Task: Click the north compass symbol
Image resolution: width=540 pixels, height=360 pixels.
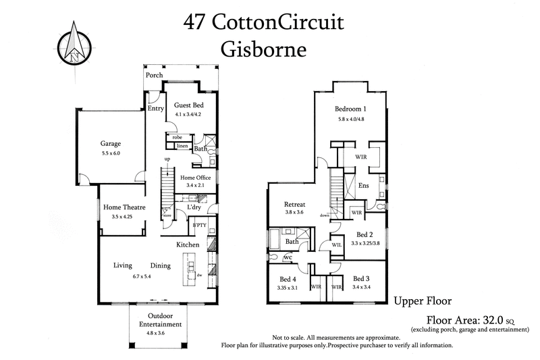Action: pos(73,42)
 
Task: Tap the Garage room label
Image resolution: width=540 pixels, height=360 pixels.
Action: pos(111,144)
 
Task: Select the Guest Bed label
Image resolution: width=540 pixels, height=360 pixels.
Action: pos(188,105)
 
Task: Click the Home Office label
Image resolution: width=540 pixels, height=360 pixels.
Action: pos(195,178)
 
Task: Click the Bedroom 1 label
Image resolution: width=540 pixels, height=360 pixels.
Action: pos(351,109)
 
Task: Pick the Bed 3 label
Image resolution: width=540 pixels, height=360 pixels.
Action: pos(361,278)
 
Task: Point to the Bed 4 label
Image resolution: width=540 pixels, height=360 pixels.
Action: pos(288,279)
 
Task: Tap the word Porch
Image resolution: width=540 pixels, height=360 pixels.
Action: pos(155,75)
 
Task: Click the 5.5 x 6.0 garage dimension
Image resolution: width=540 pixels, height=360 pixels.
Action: pos(111,154)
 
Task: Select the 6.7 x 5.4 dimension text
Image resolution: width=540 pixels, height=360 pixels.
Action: pos(142,276)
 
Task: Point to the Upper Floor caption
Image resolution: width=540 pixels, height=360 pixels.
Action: pos(423,301)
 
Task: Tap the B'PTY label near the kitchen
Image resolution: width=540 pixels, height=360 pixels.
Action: pos(198,225)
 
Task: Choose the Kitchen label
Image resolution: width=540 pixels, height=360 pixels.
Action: pos(188,244)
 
